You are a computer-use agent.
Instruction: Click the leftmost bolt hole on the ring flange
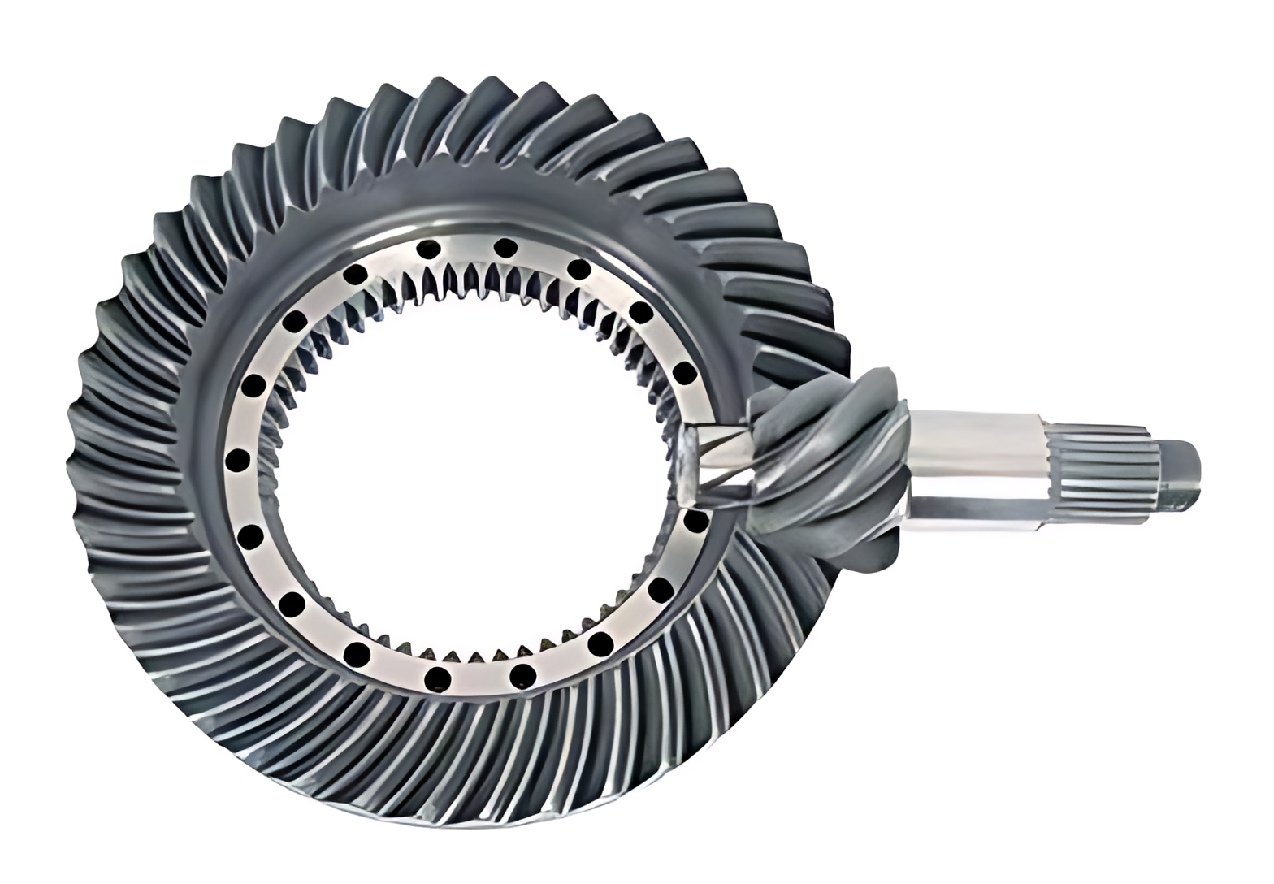click(237, 461)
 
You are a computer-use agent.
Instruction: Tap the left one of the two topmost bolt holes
click(429, 249)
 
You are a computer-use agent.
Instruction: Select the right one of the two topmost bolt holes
click(505, 246)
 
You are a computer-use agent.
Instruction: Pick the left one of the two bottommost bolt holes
click(437, 676)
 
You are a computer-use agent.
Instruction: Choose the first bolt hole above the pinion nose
click(686, 374)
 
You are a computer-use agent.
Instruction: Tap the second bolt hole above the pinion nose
click(641, 312)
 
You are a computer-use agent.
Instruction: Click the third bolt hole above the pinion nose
click(578, 269)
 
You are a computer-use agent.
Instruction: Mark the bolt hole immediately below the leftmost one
click(251, 536)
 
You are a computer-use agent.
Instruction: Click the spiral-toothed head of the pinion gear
click(829, 463)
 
